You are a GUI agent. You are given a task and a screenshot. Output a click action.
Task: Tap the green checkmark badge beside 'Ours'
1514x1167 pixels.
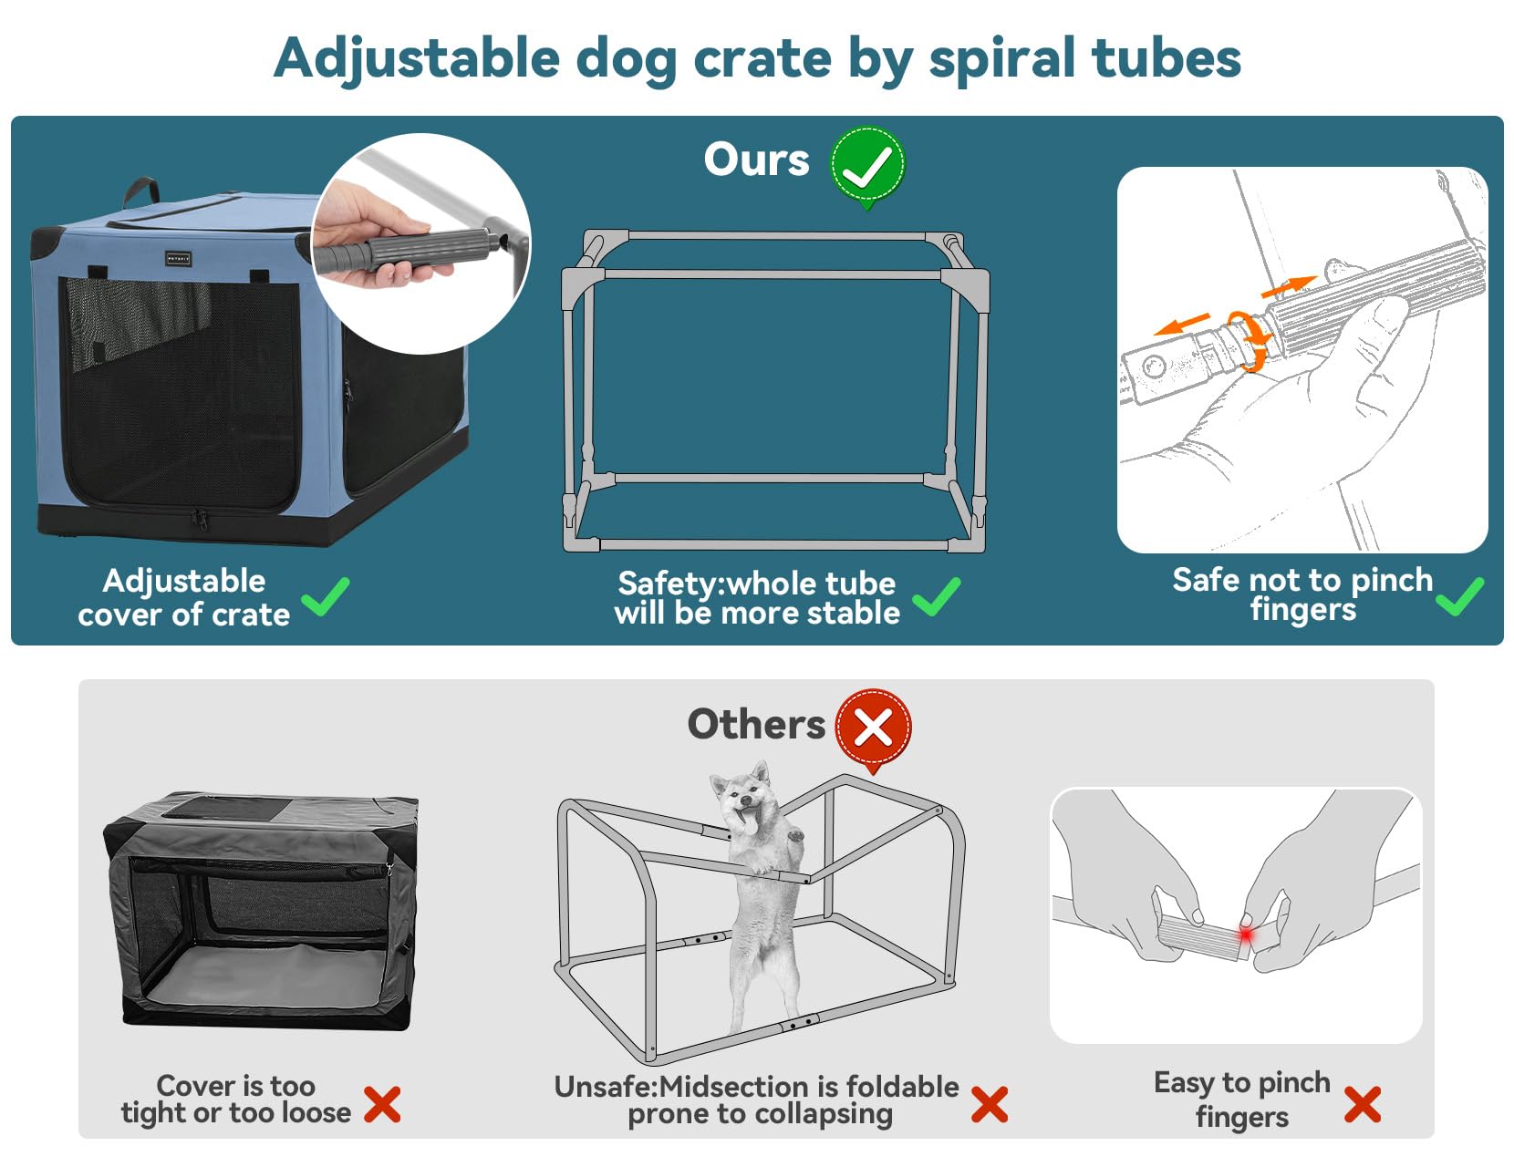click(866, 165)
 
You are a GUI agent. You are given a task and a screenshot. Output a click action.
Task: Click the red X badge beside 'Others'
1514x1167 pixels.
click(873, 728)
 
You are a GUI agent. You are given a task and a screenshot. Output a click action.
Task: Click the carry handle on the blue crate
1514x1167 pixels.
click(141, 191)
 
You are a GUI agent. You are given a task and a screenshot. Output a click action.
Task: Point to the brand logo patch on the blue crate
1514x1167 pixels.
click(178, 259)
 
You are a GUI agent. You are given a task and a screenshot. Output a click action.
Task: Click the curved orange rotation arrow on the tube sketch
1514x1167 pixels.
click(1250, 340)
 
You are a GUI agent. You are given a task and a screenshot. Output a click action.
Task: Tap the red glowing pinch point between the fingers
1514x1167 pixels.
click(1245, 935)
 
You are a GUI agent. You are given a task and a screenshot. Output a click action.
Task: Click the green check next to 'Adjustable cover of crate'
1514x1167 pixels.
click(326, 597)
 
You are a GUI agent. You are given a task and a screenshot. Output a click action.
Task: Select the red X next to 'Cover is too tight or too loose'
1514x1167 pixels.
click(382, 1104)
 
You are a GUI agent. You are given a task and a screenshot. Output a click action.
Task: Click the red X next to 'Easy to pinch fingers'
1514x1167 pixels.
click(1362, 1104)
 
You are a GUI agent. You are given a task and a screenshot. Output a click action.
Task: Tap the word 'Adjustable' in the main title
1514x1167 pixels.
click(417, 58)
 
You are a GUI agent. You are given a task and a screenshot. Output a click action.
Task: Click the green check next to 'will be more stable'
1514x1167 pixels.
click(936, 597)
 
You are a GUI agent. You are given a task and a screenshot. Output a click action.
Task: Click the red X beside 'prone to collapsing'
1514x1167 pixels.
click(989, 1104)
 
